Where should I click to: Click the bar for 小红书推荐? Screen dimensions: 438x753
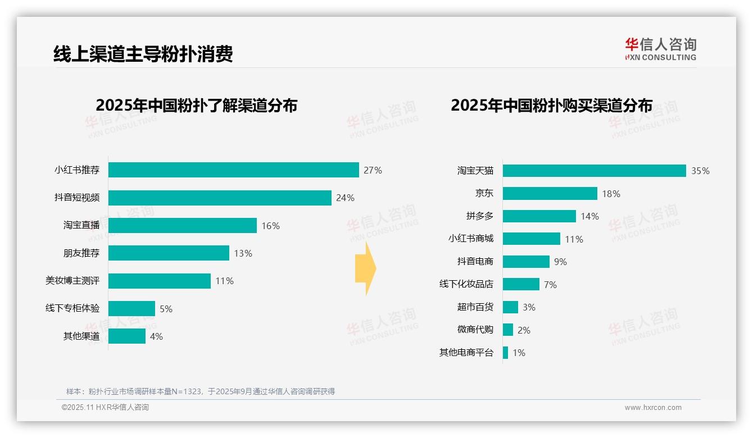click(x=233, y=170)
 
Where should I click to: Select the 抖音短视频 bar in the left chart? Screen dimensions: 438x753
click(x=220, y=198)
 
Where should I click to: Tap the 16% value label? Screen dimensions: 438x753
click(x=270, y=226)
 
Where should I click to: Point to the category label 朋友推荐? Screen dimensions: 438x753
click(x=81, y=253)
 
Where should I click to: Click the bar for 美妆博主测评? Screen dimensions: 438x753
click(x=160, y=281)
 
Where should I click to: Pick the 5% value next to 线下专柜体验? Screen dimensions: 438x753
click(x=166, y=309)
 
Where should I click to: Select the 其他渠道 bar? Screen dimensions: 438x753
click(x=127, y=336)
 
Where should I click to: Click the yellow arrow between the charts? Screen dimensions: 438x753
click(x=366, y=269)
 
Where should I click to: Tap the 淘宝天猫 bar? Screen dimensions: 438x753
click(x=594, y=171)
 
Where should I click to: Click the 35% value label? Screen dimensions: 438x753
click(x=700, y=171)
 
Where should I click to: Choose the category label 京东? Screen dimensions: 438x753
click(x=484, y=193)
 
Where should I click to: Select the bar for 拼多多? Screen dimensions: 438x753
click(x=539, y=216)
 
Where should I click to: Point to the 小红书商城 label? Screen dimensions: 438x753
click(x=470, y=239)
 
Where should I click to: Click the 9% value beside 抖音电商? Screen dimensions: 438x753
click(x=560, y=262)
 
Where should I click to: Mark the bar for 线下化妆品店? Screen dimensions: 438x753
click(x=521, y=284)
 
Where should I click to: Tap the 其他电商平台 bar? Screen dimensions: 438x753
click(x=506, y=353)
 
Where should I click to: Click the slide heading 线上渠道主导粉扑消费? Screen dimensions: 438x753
click(x=143, y=54)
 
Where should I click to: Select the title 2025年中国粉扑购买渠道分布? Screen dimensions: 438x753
click(x=551, y=106)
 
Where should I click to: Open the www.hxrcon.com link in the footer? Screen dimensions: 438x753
click(x=652, y=408)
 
